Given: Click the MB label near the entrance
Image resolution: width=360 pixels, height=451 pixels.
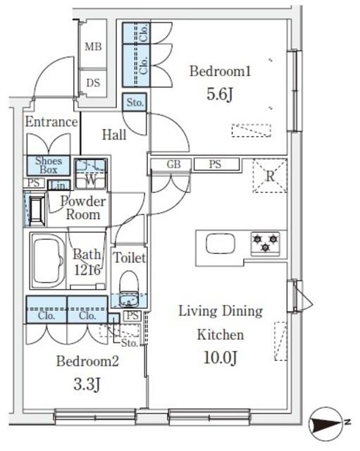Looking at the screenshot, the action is point(93,47).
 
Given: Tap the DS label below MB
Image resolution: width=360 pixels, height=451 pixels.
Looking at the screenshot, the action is point(93,83).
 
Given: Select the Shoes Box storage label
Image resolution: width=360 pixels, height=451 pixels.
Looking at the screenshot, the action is point(49,165).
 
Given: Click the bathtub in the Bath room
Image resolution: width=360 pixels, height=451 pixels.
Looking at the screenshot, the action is point(48,261).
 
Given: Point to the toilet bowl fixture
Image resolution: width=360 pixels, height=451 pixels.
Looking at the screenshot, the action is point(129,288).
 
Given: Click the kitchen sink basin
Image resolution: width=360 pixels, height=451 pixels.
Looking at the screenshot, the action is point(221,244).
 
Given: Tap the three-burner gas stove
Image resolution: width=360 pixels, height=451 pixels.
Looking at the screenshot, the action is point(266,243).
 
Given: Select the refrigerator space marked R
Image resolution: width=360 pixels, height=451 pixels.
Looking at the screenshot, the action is point(270,175).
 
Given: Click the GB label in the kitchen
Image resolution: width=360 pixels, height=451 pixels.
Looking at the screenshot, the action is point(173,164).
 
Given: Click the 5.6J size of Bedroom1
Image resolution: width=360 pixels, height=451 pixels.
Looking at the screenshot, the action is point(220,94).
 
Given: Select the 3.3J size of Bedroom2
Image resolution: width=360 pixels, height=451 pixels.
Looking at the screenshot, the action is point(87,384).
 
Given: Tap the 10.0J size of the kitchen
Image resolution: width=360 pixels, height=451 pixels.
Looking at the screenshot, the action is point(221,358).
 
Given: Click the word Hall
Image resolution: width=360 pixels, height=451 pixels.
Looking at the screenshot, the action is point(114,135).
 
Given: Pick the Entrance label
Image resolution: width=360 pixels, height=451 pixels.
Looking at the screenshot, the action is point(51,122).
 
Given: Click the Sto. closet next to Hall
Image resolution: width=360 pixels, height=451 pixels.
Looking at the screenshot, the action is point(135,102).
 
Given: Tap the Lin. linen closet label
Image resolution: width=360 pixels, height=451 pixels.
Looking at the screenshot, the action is point(59,185).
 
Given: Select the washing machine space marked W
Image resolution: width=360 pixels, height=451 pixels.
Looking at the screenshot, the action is point(91,174).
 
